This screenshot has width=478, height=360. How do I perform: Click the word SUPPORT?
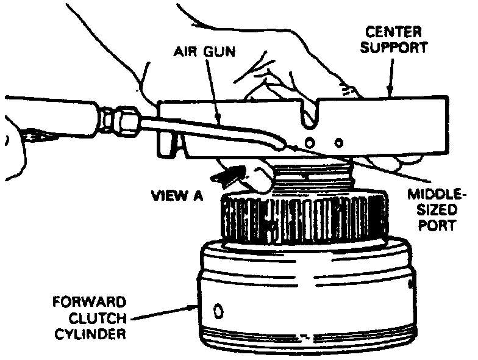pyautogui.click(x=394, y=48)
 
